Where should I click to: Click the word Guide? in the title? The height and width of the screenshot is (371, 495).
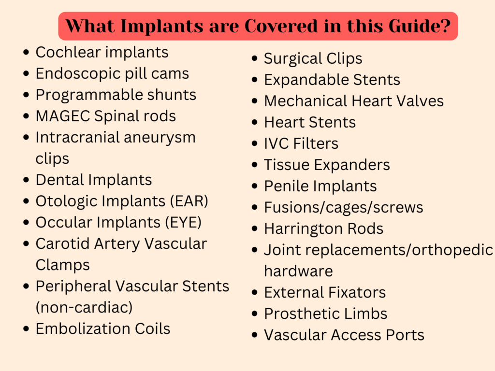[x=420, y=26]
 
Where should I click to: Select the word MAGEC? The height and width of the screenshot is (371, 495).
[x=63, y=116]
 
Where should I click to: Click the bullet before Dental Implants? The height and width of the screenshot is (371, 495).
[x=26, y=180]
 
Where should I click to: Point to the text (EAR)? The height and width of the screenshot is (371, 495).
[x=189, y=201]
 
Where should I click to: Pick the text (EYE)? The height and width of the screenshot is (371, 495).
[x=183, y=222]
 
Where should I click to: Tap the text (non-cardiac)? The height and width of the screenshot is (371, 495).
[x=84, y=308]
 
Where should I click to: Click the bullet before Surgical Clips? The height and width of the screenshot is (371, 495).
[x=255, y=58]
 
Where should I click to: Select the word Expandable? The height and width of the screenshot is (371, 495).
[x=306, y=80]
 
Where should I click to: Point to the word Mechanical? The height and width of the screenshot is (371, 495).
[x=306, y=101]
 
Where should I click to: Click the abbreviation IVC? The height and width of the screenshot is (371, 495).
[x=276, y=143]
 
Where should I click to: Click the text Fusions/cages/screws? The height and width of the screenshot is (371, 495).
[x=344, y=208]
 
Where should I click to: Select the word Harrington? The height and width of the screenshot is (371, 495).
[x=304, y=229]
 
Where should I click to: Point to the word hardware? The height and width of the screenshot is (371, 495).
[x=298, y=271]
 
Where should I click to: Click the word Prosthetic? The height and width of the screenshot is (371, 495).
[x=301, y=314]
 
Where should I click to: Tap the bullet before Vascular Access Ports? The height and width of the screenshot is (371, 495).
[x=255, y=335]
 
